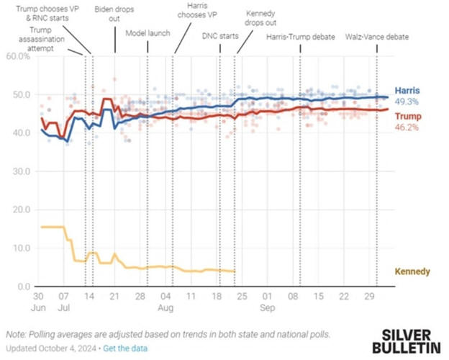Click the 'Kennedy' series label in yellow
(412, 271)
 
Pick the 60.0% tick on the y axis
(17, 56)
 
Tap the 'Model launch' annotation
(148, 33)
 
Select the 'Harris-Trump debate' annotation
(301, 37)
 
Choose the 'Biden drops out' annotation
(116, 14)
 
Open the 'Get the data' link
(127, 348)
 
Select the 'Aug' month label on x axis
(166, 307)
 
